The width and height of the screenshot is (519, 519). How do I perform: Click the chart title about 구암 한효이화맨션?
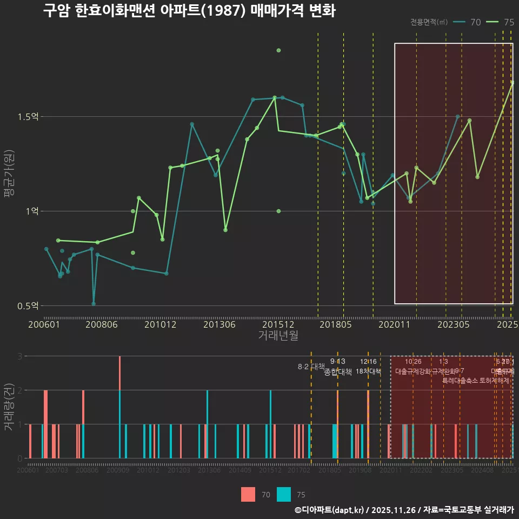189,11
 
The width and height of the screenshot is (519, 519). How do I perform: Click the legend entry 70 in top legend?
468,22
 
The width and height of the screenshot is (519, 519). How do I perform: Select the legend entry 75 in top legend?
501,22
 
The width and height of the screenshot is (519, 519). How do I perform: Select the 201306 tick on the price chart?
218,324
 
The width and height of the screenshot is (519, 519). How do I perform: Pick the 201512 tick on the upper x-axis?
278,324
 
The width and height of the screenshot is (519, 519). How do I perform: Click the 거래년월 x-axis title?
278,336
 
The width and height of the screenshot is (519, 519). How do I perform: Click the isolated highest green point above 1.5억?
278,50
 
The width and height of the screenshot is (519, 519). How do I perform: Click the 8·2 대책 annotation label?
311,367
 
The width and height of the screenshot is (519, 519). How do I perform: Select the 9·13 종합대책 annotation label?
338,367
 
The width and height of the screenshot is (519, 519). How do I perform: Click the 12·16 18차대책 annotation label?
368,367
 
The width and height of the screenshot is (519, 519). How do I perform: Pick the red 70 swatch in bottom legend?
248,494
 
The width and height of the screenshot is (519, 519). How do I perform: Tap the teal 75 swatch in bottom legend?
284,494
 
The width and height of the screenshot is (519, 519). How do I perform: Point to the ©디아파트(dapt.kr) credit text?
330,510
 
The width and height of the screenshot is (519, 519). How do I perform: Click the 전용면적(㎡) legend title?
429,22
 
